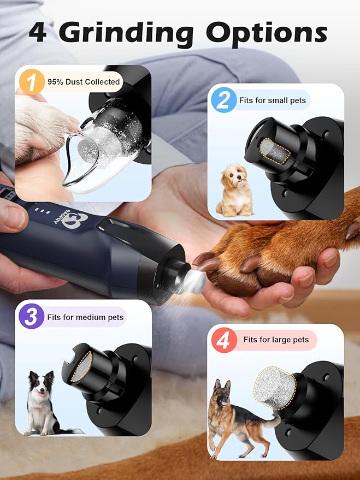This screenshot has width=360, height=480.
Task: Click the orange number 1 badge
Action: click(x=32, y=82)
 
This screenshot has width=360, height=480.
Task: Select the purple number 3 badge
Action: click(x=31, y=317)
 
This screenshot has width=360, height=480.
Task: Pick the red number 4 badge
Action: click(x=223, y=340)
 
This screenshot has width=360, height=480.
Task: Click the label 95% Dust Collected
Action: click(x=83, y=82)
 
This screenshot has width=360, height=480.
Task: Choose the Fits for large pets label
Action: click(x=275, y=340)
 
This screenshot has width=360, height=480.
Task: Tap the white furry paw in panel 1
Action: click(x=41, y=125)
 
